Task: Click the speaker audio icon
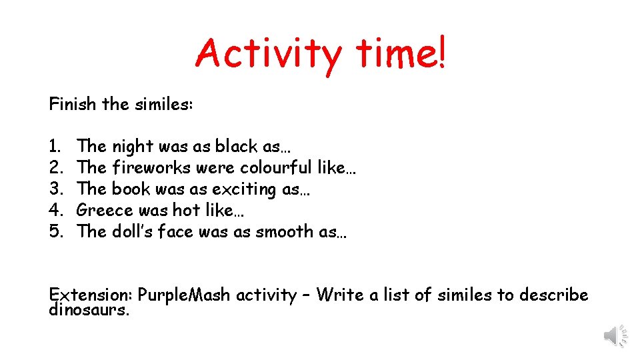tap(615, 335)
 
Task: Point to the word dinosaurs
tap(89, 309)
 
